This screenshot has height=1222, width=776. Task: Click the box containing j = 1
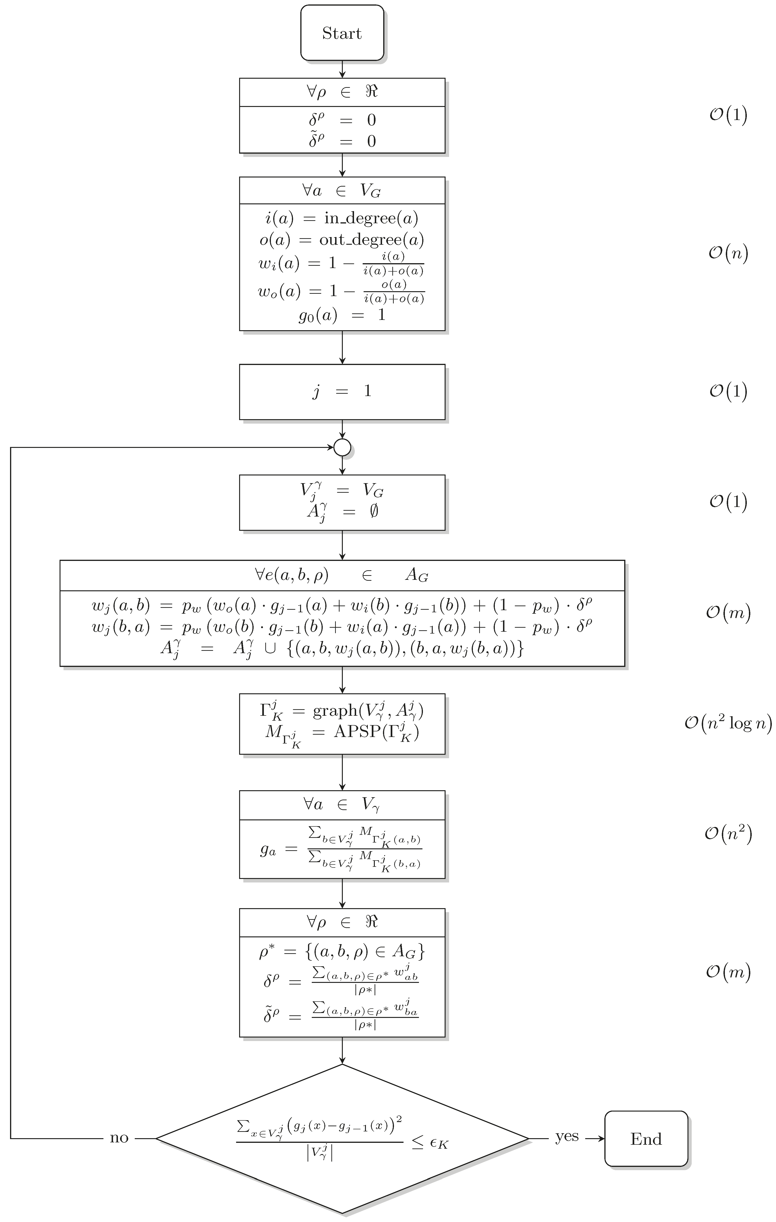point(342,391)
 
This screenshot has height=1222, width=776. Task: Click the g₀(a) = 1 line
point(342,315)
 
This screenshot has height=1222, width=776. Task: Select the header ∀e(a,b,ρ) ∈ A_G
point(342,575)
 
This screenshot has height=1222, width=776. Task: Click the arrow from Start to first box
point(342,69)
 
